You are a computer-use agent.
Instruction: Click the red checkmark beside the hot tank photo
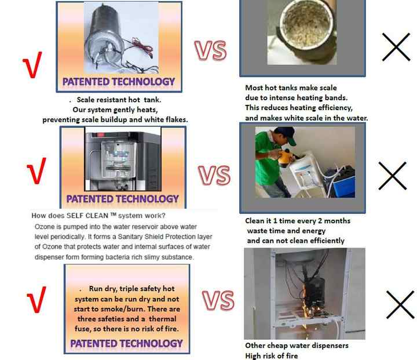32,66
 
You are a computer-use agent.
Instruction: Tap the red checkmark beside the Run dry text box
36,300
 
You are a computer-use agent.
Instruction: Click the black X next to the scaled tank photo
396,47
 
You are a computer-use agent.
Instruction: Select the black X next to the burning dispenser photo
400,304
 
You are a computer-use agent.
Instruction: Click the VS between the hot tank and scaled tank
211,50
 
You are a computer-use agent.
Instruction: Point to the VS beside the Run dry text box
218,300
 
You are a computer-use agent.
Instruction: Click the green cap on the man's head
286,134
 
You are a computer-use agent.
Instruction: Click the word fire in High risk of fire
291,356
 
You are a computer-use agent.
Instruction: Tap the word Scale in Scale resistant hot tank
85,100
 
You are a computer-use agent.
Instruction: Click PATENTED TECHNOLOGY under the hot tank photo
119,82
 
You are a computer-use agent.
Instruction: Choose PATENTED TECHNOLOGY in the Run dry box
127,344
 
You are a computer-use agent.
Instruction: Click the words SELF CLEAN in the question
87,216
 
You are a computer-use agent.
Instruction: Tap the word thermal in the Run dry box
163,319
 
